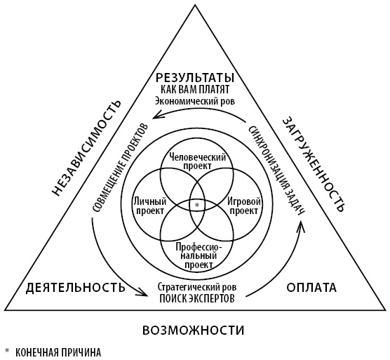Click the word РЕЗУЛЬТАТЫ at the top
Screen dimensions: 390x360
point(195,78)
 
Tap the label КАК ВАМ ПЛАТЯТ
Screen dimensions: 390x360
point(195,89)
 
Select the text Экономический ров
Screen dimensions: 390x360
point(195,101)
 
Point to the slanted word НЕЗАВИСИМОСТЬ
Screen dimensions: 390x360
point(86,148)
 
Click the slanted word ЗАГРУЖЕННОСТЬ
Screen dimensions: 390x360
point(314,164)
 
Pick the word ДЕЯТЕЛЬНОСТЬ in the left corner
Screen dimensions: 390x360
point(76,287)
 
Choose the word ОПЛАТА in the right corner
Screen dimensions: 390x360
point(311,288)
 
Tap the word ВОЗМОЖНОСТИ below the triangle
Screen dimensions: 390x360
point(194,331)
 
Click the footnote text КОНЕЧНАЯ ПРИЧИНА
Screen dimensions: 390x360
point(58,352)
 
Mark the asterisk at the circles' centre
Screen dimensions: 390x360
point(197,205)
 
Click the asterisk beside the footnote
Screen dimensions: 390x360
point(7,351)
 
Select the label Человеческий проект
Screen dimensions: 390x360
point(198,161)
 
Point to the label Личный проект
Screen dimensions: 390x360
point(150,206)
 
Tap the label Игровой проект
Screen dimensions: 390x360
point(244,206)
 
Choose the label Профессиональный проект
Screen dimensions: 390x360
point(199,255)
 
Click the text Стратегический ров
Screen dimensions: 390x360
point(197,287)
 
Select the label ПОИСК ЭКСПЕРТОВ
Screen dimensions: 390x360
point(197,298)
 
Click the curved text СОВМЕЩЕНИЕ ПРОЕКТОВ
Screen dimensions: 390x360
point(120,167)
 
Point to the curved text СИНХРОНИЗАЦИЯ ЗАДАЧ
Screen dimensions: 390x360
point(276,173)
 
